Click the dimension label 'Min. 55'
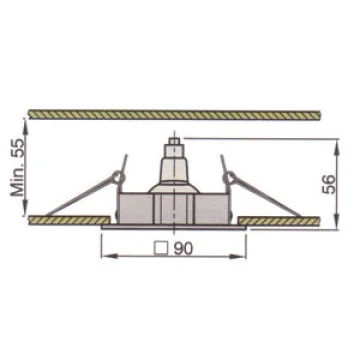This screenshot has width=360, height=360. pos(18,167)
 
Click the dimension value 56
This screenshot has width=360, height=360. pos(329,184)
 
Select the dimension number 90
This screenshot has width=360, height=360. pos(183,248)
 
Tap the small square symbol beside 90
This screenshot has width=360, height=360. pos(161,249)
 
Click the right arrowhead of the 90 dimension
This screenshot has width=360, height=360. pos(238,256)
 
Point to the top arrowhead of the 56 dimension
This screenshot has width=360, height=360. pos(337,147)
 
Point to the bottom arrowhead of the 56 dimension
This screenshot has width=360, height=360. pos(337,221)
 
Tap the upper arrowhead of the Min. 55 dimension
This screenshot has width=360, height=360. pos(26,127)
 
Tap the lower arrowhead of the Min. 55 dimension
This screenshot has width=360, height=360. pos(26,208)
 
